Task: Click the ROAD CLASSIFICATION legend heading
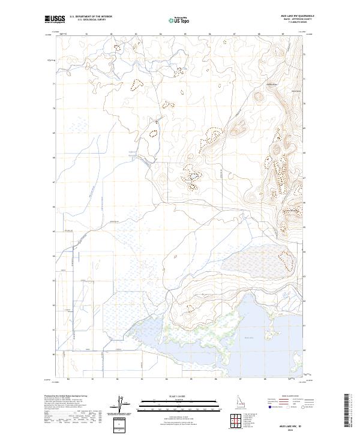[x=292, y=397]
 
